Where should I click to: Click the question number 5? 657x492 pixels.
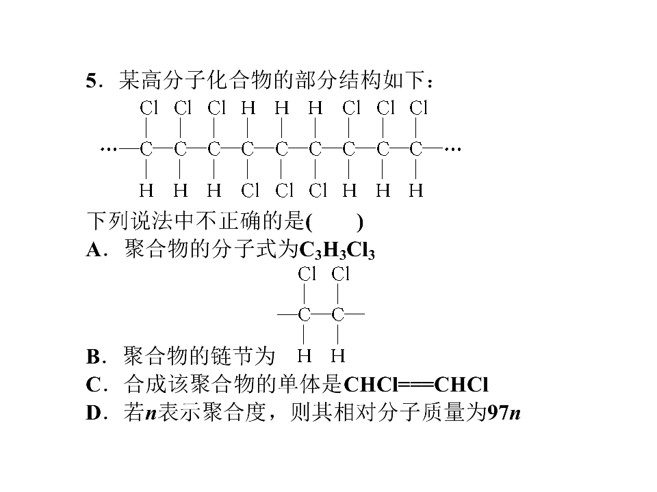92,81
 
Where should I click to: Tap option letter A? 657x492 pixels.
94,250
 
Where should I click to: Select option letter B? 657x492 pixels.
93,357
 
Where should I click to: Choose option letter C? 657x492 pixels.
93,385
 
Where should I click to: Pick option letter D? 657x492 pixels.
94,413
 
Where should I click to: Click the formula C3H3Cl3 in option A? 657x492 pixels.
337,250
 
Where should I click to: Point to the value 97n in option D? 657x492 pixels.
504,413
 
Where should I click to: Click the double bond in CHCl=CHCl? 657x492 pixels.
415,385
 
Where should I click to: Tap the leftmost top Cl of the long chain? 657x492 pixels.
149,108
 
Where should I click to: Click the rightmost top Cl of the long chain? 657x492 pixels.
419,108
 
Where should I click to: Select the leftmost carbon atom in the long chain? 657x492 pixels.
146,148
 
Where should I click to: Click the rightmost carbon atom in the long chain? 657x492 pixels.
415,148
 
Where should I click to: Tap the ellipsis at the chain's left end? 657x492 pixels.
108,148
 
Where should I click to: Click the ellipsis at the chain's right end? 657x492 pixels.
453,148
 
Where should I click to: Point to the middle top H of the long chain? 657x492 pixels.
281,108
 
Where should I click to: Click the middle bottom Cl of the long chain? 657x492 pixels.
283,191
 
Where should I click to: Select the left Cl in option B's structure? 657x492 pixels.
307,275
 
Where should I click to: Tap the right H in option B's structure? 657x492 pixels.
337,356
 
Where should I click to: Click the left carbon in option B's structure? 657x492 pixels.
304,314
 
